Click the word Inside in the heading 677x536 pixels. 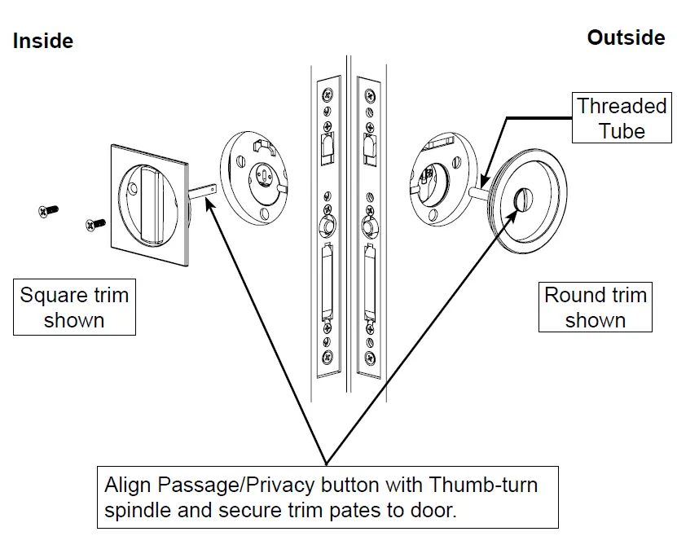click(x=42, y=41)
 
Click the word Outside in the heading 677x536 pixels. click(x=626, y=38)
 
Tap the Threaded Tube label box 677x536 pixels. click(x=622, y=118)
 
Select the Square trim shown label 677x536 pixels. click(x=74, y=307)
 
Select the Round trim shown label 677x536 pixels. click(x=595, y=307)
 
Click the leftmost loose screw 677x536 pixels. click(x=47, y=211)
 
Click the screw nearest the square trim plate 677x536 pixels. click(x=95, y=222)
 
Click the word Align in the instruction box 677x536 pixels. click(x=128, y=486)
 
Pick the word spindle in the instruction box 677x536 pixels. click(x=138, y=512)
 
